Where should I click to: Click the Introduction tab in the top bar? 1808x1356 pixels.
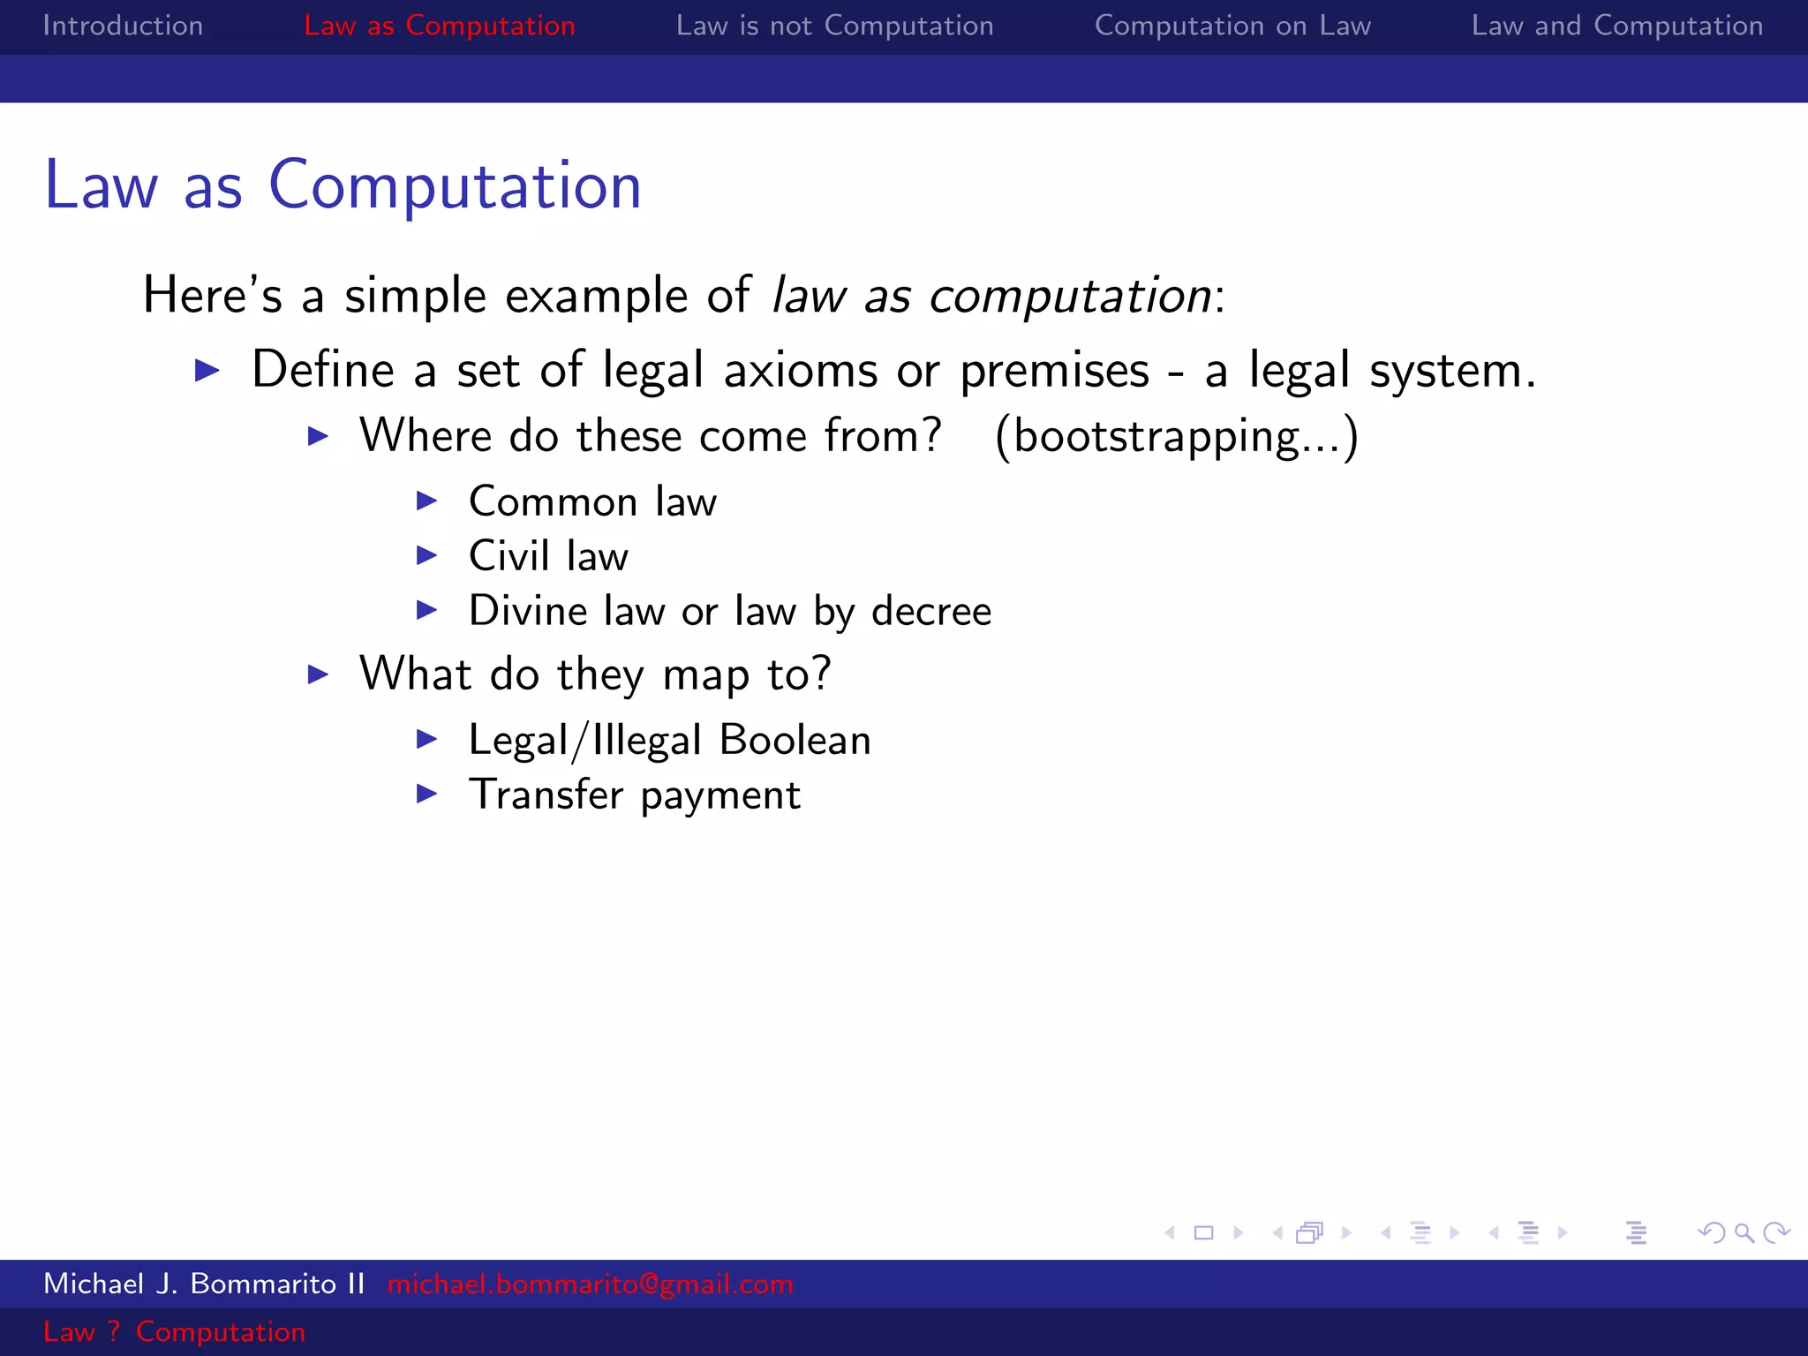(123, 26)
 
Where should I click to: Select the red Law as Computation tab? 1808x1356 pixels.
(439, 26)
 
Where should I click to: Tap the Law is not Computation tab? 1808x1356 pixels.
(834, 26)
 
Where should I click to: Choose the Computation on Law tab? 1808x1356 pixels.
(1232, 26)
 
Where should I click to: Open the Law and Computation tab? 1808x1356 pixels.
(1616, 26)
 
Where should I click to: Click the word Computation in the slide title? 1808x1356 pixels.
(455, 186)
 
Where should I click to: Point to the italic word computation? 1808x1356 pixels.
(1070, 296)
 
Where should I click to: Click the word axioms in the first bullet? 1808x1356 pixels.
(801, 370)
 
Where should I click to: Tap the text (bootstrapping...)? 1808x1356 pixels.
(1176, 436)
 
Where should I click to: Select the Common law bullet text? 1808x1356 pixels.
(592, 501)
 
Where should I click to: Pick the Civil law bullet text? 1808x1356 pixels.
(548, 556)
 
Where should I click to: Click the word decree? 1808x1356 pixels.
(931, 611)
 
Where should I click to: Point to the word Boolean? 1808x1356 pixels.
(795, 740)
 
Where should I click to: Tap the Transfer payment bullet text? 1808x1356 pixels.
(634, 795)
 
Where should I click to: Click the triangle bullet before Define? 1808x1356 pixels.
(207, 370)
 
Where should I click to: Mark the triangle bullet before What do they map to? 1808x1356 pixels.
(318, 674)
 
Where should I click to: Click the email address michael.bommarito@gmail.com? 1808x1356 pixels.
(590, 1284)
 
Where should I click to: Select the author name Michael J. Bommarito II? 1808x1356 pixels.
(204, 1284)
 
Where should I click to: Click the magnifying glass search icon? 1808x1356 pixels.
(1744, 1232)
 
